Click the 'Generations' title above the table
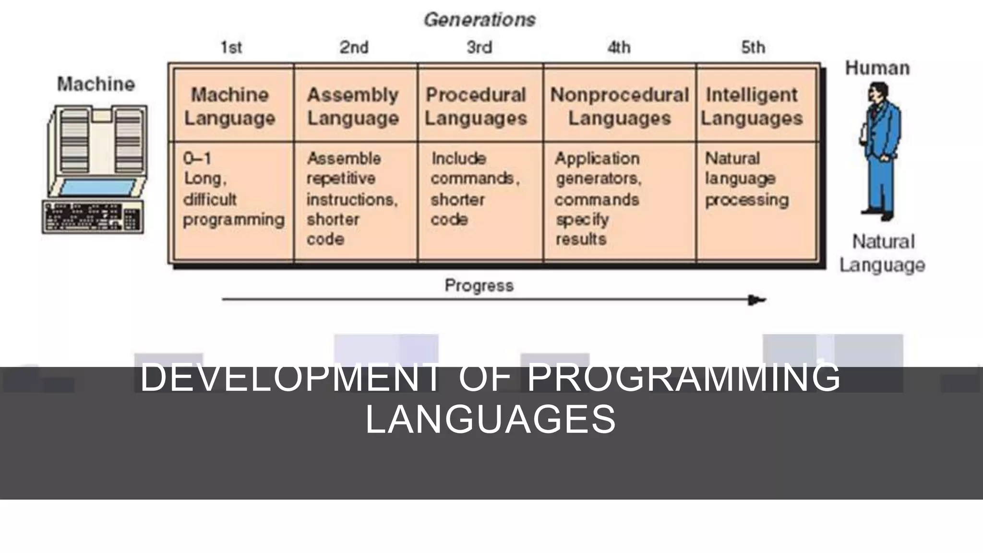click(x=480, y=20)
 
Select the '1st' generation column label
click(x=231, y=48)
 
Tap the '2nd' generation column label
click(x=354, y=48)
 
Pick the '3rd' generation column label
click(x=480, y=48)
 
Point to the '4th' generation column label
click(x=619, y=48)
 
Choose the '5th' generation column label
click(x=753, y=48)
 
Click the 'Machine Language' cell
click(x=230, y=106)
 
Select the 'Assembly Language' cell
click(x=353, y=106)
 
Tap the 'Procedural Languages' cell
click(x=476, y=106)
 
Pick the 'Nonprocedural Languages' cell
click(x=620, y=106)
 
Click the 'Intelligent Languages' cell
click(x=752, y=106)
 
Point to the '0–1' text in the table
click(x=197, y=158)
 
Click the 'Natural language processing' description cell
click(x=746, y=179)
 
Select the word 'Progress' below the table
click(x=479, y=286)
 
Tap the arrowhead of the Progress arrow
click(x=757, y=301)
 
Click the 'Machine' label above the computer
click(x=96, y=84)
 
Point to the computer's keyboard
click(x=93, y=217)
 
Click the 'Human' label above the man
click(x=877, y=68)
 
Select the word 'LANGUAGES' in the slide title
click(x=491, y=419)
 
